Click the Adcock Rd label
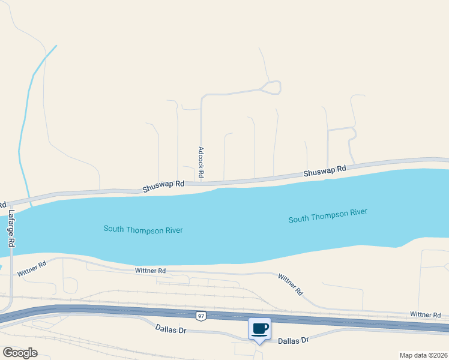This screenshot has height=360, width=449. pyautogui.click(x=201, y=162)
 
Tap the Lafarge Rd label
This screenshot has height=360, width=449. pyautogui.click(x=11, y=228)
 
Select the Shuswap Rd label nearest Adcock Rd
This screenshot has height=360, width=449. pyautogui.click(x=163, y=187)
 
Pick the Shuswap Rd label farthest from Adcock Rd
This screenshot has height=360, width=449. pyautogui.click(x=325, y=171)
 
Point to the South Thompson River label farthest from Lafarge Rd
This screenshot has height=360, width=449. pyautogui.click(x=328, y=216)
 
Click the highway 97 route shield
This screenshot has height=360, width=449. pyautogui.click(x=200, y=316)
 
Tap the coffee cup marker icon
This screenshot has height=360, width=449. pyautogui.click(x=259, y=329)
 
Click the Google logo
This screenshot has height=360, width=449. pyautogui.click(x=20, y=352)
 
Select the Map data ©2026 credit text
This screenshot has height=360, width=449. pyautogui.click(x=423, y=355)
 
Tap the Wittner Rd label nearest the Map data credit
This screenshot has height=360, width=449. pyautogui.click(x=425, y=314)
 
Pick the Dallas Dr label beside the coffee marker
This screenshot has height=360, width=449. pyautogui.click(x=293, y=340)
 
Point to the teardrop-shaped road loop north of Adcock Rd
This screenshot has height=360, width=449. pyautogui.click(x=271, y=88)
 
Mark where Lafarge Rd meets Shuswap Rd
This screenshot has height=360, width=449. pyautogui.click(x=11, y=202)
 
